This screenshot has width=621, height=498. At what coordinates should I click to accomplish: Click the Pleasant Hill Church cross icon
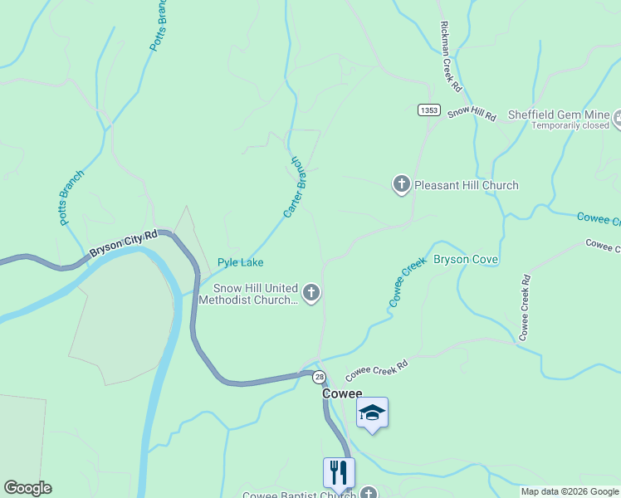click(x=402, y=184)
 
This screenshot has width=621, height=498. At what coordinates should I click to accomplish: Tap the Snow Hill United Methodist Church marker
click(x=312, y=291)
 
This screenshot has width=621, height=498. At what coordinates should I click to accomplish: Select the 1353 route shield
click(x=428, y=110)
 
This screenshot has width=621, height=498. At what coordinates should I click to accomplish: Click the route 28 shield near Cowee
click(x=320, y=377)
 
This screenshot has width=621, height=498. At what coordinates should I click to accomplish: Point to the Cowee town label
click(x=342, y=394)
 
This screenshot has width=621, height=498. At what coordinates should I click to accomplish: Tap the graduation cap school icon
click(x=373, y=413)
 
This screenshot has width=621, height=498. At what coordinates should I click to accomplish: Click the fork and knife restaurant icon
click(x=339, y=472)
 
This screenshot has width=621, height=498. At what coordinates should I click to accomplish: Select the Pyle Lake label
click(x=241, y=262)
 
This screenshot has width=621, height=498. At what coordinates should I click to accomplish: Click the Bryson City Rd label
click(x=123, y=243)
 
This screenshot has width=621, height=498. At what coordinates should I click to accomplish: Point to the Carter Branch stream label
click(x=296, y=187)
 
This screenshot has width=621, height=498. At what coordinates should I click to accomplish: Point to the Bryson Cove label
click(x=466, y=259)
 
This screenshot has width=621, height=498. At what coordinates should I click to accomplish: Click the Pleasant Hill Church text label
click(x=466, y=185)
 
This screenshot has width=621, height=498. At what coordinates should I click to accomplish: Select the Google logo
click(x=27, y=488)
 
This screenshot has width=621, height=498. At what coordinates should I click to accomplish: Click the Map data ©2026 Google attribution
click(x=570, y=491)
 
